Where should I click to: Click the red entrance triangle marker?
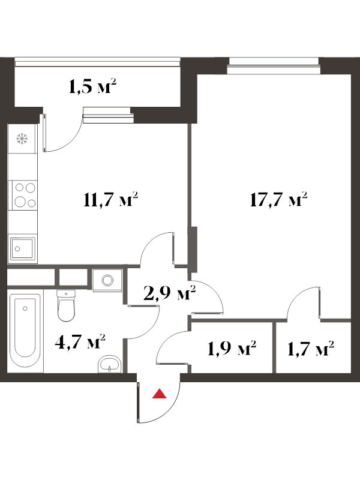159,394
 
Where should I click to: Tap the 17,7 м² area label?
278,200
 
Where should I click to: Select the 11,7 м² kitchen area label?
110,200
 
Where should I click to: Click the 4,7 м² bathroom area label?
80,341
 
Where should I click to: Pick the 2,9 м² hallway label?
169,293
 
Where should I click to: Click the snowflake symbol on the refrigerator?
22,139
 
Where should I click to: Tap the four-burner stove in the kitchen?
23,195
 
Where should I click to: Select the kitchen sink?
22,249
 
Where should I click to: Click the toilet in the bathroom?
66,305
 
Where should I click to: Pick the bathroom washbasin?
110,364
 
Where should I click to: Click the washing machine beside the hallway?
107,279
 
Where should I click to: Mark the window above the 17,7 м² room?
274,65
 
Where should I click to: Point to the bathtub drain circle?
25,308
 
